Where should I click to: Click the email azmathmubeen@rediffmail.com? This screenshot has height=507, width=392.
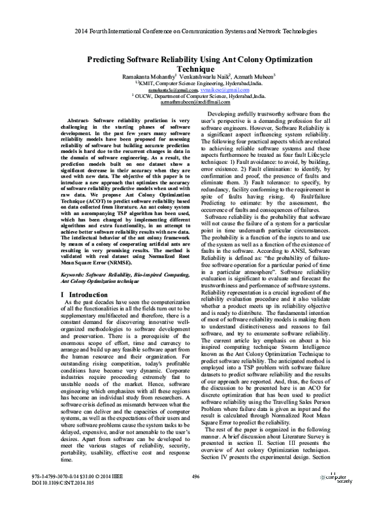pyautogui.click(x=195, y=103)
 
